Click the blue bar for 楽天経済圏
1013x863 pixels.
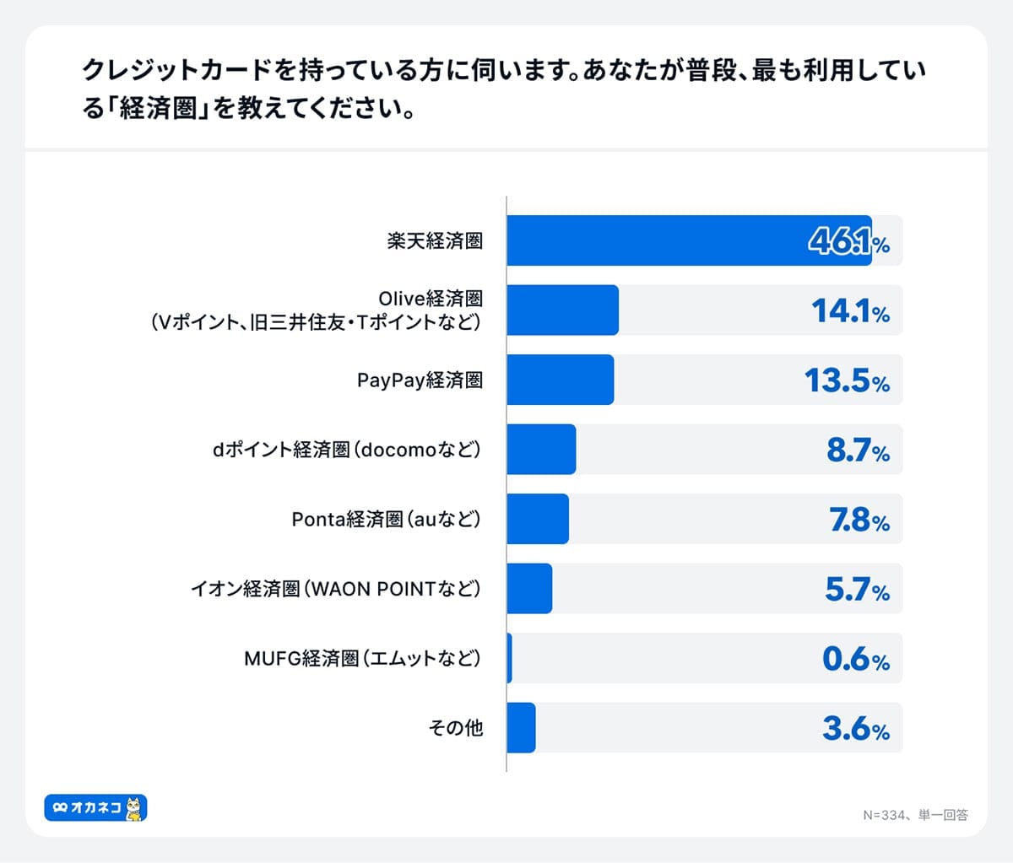[x=688, y=240]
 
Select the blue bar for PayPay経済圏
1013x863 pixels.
[x=560, y=380]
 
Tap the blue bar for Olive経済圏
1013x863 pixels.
[x=562, y=310]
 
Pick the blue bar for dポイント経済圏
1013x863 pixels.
[x=541, y=450]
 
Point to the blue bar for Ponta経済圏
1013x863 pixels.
[x=538, y=519]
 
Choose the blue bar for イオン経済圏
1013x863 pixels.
[x=529, y=589]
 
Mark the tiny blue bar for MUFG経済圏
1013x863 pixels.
[x=509, y=658]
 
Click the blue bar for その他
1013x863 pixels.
[x=521, y=727]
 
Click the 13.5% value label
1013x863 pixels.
[x=848, y=380]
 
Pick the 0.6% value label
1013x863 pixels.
[x=856, y=659]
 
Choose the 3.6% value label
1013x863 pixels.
[x=856, y=728]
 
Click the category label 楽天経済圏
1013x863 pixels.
[x=435, y=241]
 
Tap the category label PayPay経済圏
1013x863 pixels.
[x=420, y=380]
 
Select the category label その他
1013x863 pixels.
[x=455, y=728]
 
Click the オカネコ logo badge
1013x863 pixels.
[x=95, y=808]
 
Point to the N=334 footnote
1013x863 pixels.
[x=915, y=815]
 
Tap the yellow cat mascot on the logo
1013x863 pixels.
[x=134, y=808]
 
